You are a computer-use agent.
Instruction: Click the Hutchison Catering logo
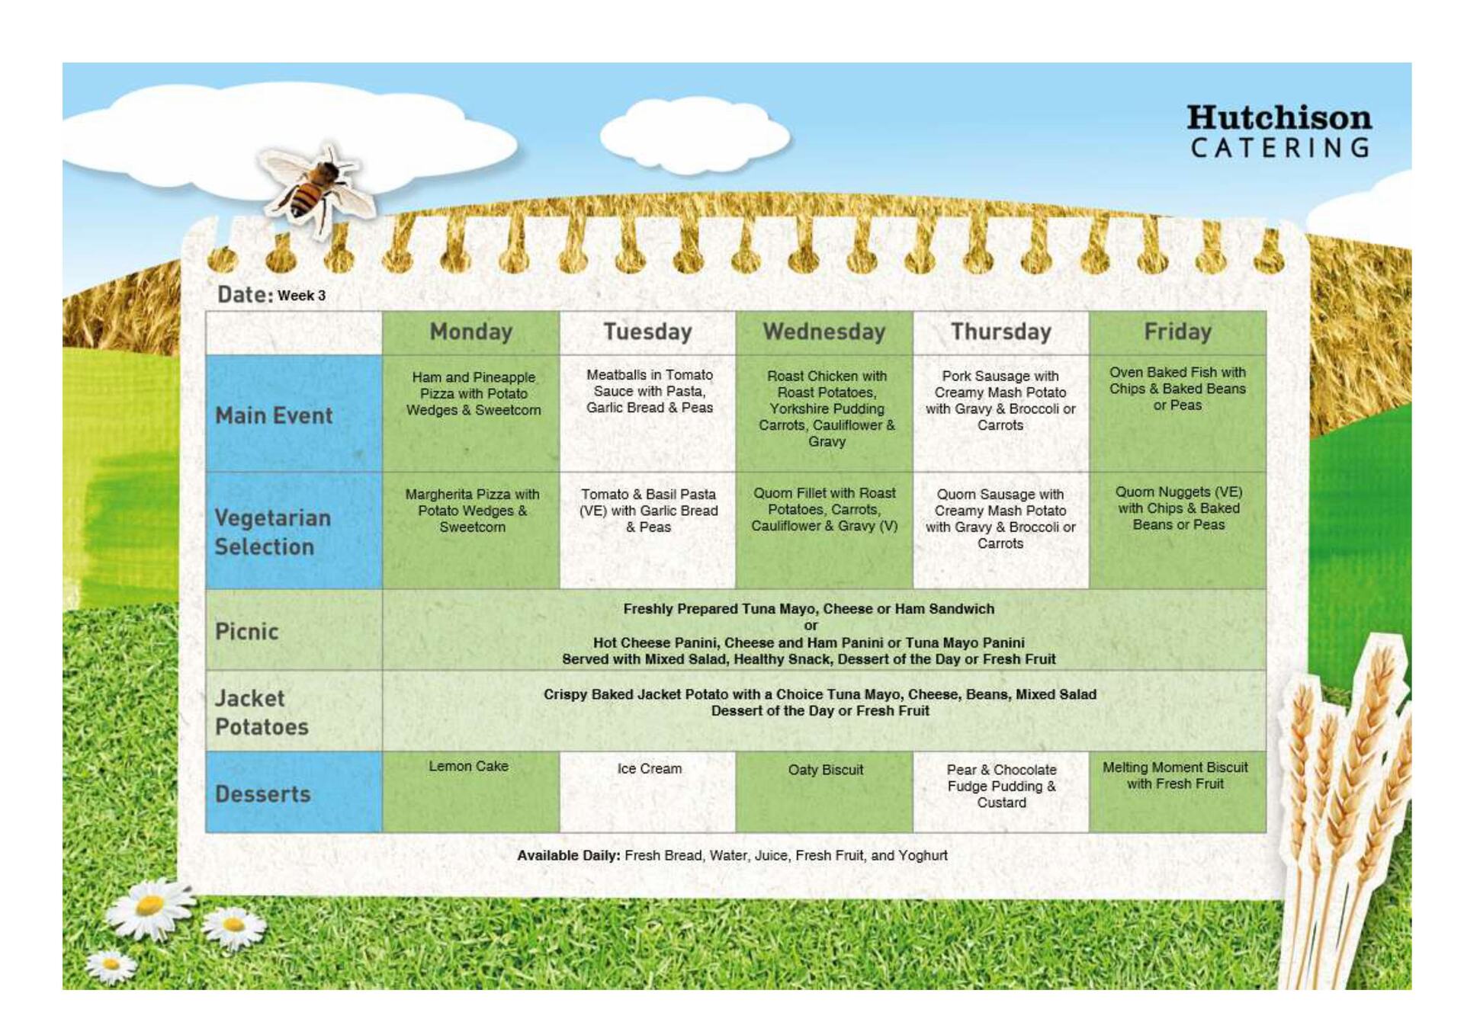coord(1279,131)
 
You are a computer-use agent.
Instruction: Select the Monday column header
coord(470,332)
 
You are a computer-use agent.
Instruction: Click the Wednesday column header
coord(824,332)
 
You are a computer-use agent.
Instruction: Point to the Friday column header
coord(1177,332)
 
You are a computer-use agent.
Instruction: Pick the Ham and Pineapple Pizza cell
coord(470,413)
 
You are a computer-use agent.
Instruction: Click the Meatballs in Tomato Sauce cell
coord(647,413)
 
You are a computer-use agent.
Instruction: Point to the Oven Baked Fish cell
coord(1177,413)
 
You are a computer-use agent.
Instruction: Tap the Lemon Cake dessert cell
coord(470,792)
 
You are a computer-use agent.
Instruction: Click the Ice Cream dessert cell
coord(647,792)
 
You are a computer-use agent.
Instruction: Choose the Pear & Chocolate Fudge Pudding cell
coord(1000,792)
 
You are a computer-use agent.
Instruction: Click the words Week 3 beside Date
coord(301,296)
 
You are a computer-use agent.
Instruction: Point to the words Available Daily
coord(568,856)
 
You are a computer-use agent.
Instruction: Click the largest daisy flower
coord(149,907)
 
